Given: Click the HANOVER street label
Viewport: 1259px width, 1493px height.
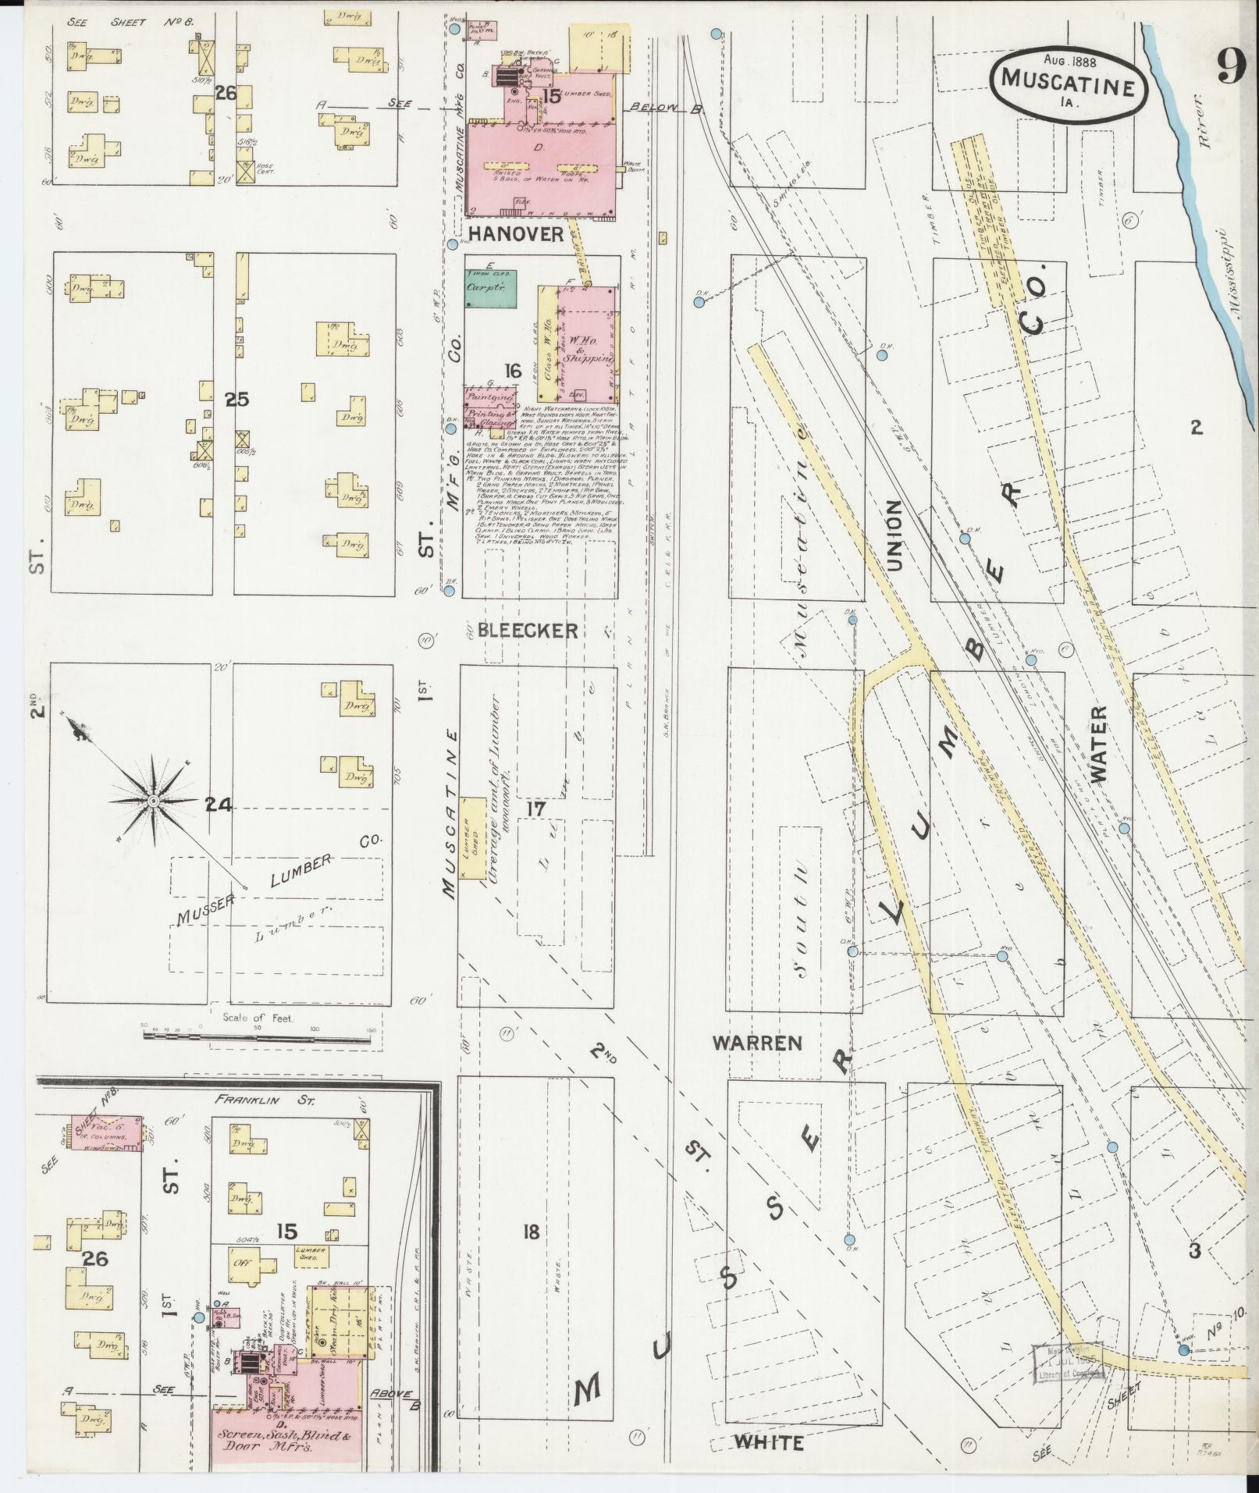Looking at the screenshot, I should (515, 234).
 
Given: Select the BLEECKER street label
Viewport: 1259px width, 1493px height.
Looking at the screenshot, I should (528, 631).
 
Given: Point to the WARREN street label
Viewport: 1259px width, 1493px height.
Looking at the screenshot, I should (757, 1043).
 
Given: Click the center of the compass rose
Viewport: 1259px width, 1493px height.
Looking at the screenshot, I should (154, 802).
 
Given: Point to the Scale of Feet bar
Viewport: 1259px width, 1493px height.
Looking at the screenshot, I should (258, 1036).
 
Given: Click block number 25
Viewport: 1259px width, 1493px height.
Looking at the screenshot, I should (237, 400).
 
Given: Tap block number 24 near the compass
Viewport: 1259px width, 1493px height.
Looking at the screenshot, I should (219, 804).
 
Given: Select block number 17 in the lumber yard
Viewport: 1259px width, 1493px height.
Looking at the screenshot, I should (535, 809).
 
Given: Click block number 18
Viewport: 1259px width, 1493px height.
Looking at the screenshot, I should (531, 1232).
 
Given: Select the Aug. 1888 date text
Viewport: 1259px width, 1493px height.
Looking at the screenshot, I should (1068, 59).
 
